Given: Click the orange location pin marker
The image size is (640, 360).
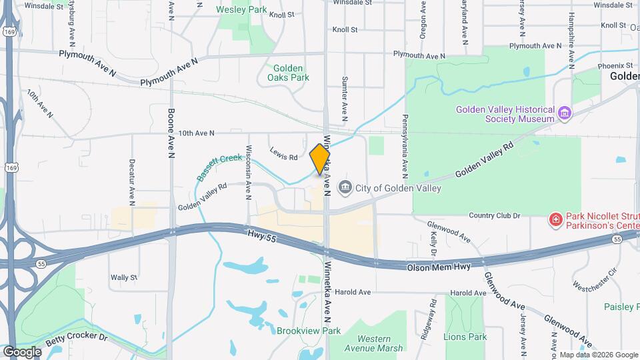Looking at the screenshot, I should [x=320, y=159].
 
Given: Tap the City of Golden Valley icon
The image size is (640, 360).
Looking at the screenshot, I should [x=345, y=188].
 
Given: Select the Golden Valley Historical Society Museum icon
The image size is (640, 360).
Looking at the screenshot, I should [x=565, y=113].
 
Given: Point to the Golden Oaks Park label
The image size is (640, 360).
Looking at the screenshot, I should [x=289, y=73].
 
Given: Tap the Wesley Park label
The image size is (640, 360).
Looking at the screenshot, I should [x=241, y=10].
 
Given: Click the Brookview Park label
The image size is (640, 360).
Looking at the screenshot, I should [x=309, y=331].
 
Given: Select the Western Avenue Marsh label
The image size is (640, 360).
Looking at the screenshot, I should [x=374, y=343].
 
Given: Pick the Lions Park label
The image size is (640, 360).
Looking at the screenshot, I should [x=467, y=337].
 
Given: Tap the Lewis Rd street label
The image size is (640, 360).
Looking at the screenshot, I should [x=284, y=157].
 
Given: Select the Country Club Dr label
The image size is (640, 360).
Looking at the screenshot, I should [x=494, y=215].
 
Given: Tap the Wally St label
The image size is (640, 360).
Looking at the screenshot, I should [x=124, y=277].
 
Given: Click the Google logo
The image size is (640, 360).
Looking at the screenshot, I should [x=22, y=351].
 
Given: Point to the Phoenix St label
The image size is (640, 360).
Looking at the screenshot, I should [x=615, y=65].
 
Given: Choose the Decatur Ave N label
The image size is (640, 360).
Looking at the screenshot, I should [x=132, y=181].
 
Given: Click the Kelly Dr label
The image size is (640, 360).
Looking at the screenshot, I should [x=433, y=245].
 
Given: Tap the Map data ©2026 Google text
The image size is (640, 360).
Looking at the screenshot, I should [x=598, y=355].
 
